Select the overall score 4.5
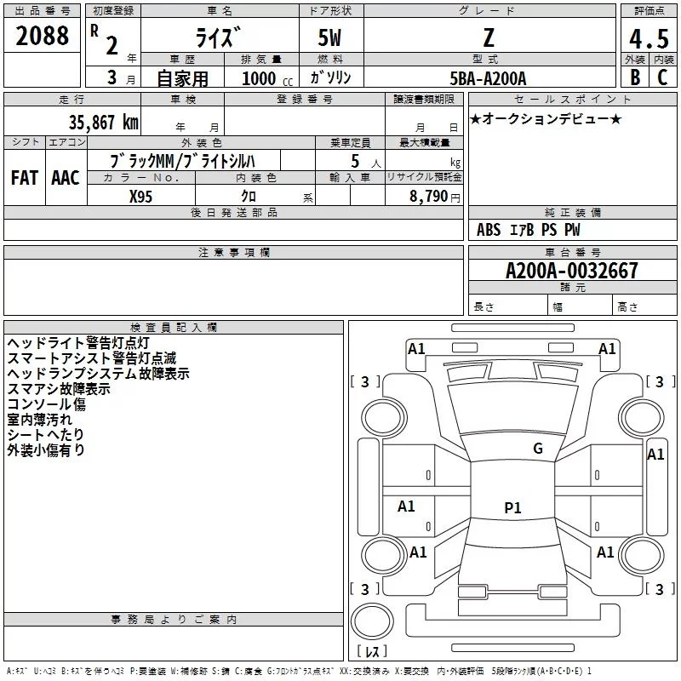tap(648, 39)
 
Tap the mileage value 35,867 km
tap(103, 122)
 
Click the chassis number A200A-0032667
tap(571, 271)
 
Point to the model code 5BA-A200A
tap(488, 78)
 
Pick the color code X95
tap(141, 195)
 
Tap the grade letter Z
tap(489, 37)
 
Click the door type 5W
tap(330, 39)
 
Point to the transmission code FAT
tap(24, 177)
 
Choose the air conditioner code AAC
tap(66, 177)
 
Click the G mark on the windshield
tap(538, 449)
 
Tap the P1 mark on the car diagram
tap(512, 508)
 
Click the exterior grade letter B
tap(634, 77)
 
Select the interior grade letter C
tap(662, 77)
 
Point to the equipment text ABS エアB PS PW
tap(529, 230)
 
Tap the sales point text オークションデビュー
tap(546, 118)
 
